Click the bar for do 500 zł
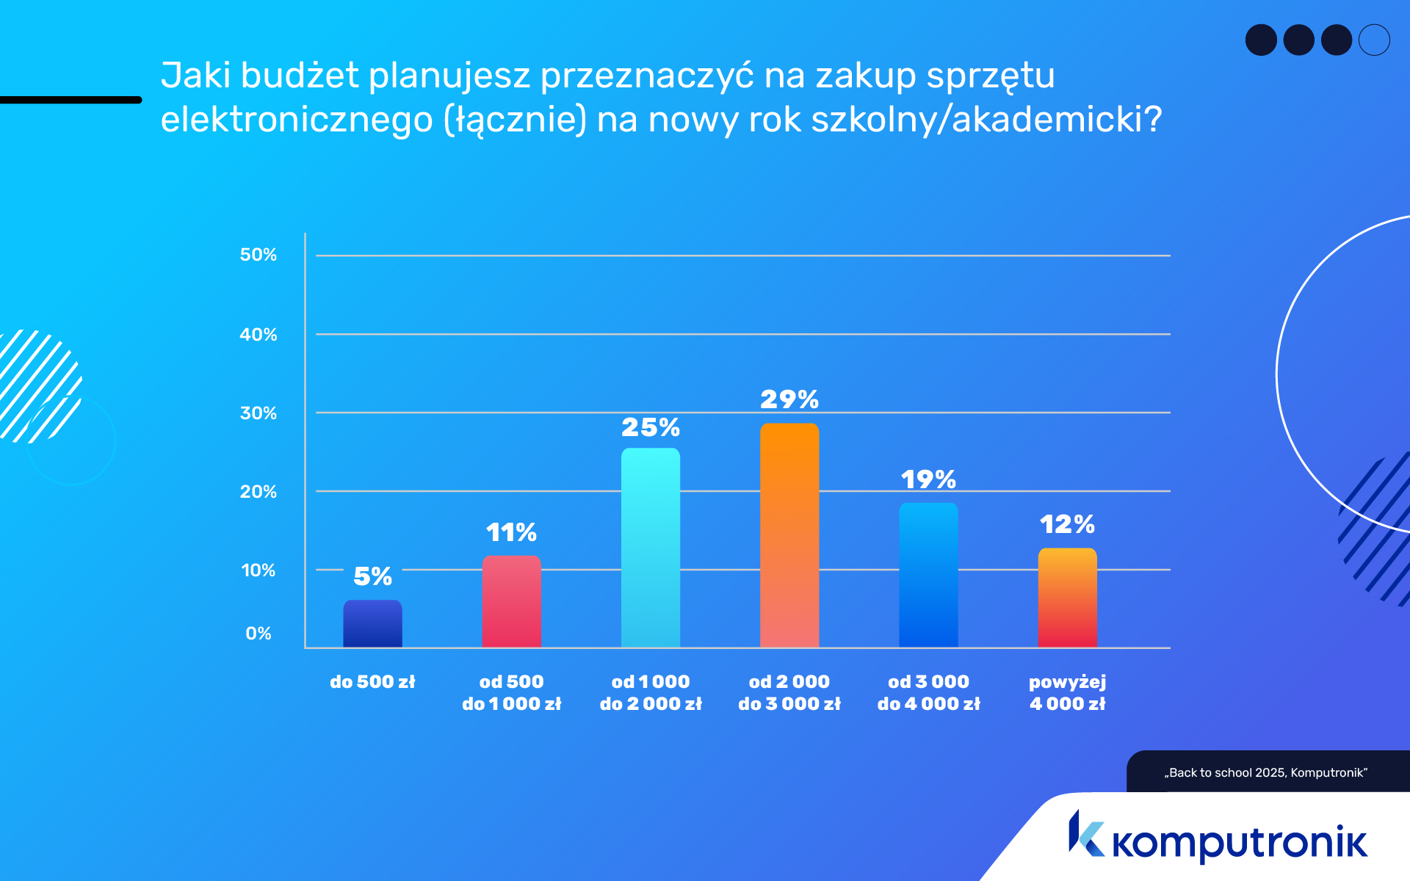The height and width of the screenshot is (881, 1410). (x=372, y=624)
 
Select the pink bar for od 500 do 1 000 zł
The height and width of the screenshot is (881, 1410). (x=511, y=602)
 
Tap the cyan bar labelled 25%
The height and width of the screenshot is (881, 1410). (x=650, y=548)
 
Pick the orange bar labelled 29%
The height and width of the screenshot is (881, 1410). (x=789, y=535)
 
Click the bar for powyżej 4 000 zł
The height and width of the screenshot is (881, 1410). (x=1067, y=598)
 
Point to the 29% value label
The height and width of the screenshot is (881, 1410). (x=789, y=399)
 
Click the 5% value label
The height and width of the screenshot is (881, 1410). (x=372, y=576)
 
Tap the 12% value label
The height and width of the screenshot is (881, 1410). (x=1067, y=524)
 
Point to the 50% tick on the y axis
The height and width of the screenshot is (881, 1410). (x=258, y=255)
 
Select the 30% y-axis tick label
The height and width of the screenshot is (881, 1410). (x=258, y=413)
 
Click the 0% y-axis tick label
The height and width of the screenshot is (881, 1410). (x=258, y=634)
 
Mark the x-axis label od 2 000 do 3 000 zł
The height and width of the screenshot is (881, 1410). (x=789, y=692)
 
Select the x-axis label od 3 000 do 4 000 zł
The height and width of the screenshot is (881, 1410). (x=928, y=692)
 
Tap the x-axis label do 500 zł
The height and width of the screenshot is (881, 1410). (x=372, y=682)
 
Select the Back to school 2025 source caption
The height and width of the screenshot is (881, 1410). (x=1266, y=772)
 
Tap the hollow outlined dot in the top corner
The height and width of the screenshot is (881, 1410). (x=1374, y=40)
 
